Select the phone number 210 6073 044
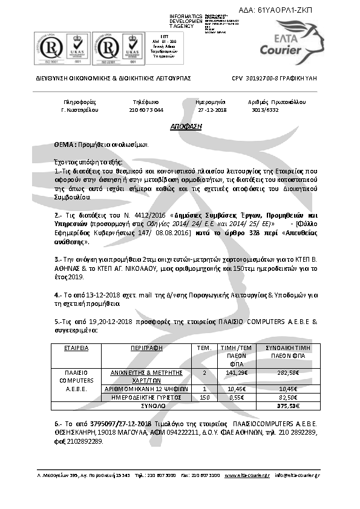(x=146, y=110)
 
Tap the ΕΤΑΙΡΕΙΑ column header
(x=76, y=348)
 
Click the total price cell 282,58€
(x=287, y=373)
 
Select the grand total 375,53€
(x=287, y=406)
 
